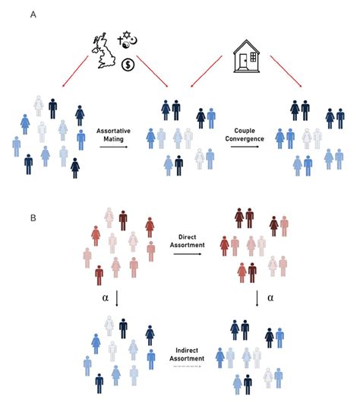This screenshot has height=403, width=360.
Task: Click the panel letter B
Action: point(31,217)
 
